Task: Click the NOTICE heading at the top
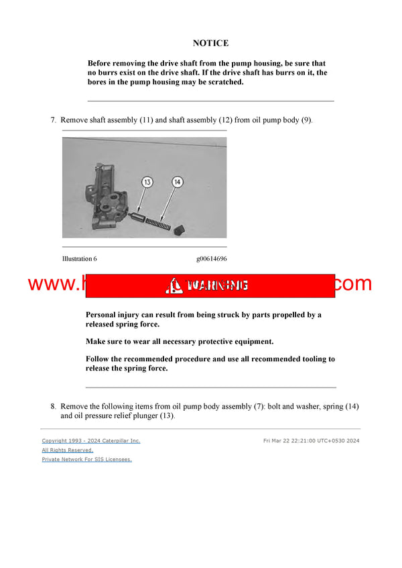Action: coord(210,43)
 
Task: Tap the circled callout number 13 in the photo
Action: coord(147,181)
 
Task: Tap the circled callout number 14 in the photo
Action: coord(177,181)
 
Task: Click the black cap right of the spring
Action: coord(178,231)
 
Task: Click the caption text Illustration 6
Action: coord(80,259)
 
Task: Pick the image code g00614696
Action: coord(211,259)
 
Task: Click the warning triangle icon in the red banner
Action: coord(174,286)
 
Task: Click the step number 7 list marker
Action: coord(53,120)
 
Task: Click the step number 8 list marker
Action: coord(53,406)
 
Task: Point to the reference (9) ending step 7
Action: coord(306,120)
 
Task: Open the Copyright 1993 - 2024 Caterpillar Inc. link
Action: coord(91,441)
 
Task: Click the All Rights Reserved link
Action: coord(68,450)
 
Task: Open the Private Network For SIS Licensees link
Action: coord(86,460)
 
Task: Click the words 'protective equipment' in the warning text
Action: coord(234,341)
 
